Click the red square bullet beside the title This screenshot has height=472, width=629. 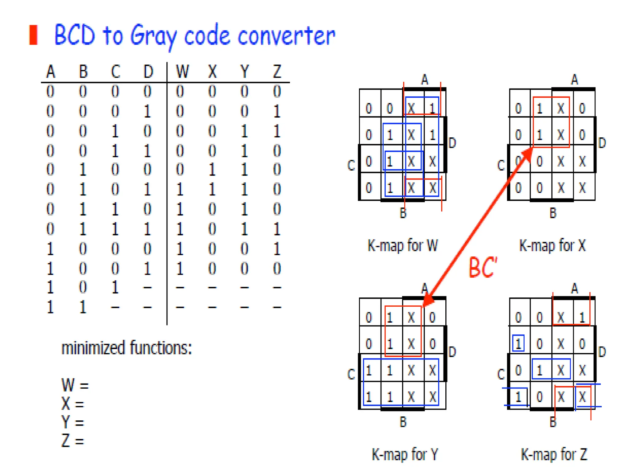33,35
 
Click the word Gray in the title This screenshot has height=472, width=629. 154,36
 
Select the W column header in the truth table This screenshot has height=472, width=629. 182,72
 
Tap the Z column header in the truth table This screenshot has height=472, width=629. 277,72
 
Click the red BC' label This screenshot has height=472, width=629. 482,267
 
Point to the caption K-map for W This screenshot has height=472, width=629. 403,246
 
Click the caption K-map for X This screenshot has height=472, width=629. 552,246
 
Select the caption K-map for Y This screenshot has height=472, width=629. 405,454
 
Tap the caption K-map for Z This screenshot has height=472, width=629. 554,454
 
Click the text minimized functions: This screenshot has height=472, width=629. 127,348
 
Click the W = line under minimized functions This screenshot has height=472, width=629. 75,385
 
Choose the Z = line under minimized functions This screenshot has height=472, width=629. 73,441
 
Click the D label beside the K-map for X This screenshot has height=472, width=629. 602,143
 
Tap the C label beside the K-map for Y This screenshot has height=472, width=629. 351,374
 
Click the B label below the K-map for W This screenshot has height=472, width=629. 403,213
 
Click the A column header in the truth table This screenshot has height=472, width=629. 51,72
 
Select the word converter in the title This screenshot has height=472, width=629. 286,36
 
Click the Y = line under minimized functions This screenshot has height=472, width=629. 73,422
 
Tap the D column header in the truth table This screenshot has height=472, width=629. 148,72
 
